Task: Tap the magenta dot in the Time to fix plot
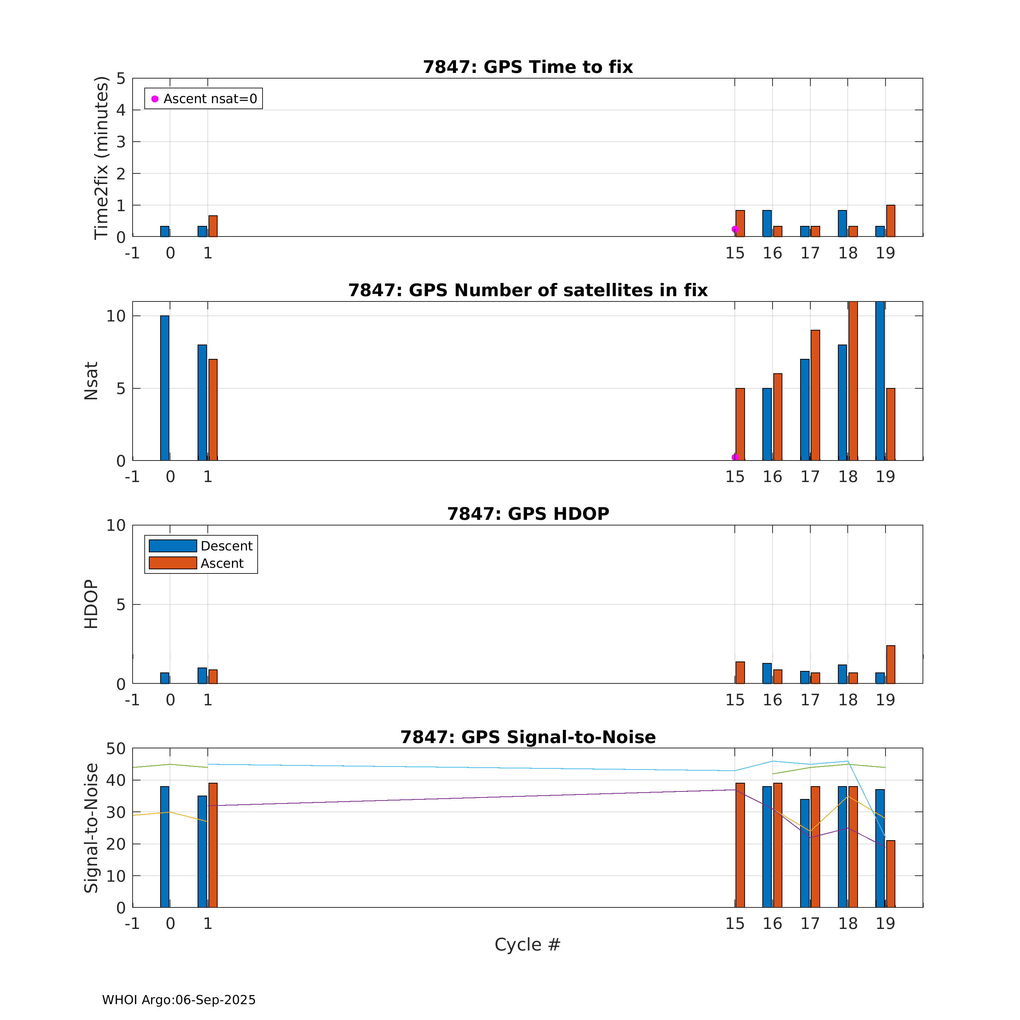pos(735,229)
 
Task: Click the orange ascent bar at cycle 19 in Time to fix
pos(891,221)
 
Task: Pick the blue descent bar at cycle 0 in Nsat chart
pos(165,388)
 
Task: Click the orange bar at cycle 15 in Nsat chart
pos(740,424)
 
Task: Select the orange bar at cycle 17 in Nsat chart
pos(815,395)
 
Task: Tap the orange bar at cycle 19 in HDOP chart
pos(891,664)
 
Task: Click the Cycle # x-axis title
pos(527,944)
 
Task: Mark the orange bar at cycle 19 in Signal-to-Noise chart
pos(891,874)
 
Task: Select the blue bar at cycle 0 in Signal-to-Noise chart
pos(165,847)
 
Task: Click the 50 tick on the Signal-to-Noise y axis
pos(116,749)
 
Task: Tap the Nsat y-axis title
pos(91,381)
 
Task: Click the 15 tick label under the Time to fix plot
pos(734,253)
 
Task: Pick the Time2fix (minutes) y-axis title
pos(101,158)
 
